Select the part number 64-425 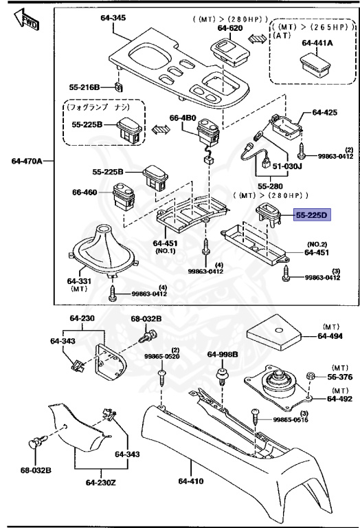point(326,111)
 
